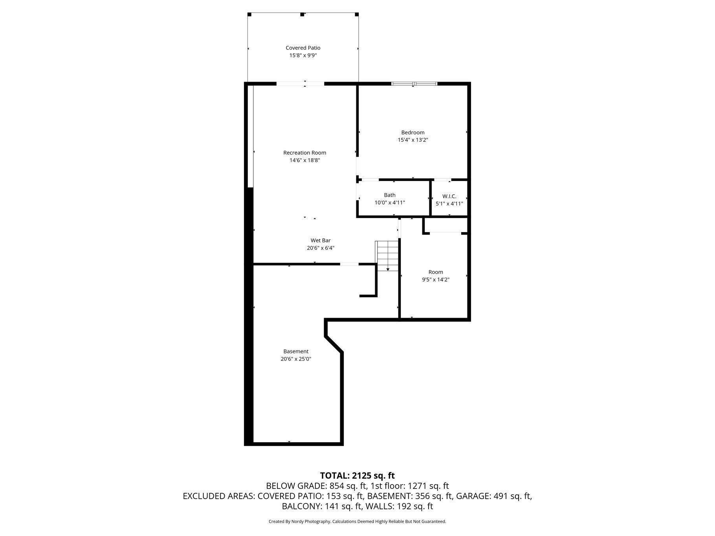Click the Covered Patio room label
303,48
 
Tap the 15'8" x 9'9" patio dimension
303,56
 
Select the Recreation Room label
304,153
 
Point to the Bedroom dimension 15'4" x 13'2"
412,140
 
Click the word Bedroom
412,132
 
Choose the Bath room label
390,195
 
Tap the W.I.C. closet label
449,196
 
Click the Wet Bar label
321,240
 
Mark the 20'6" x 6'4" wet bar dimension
321,248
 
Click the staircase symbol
388,256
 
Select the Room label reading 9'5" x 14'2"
436,276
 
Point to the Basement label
296,351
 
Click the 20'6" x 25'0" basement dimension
296,359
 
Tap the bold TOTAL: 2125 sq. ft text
357,476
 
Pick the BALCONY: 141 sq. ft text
322,507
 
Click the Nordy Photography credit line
357,521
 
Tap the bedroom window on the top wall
414,84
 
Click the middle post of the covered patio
302,15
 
